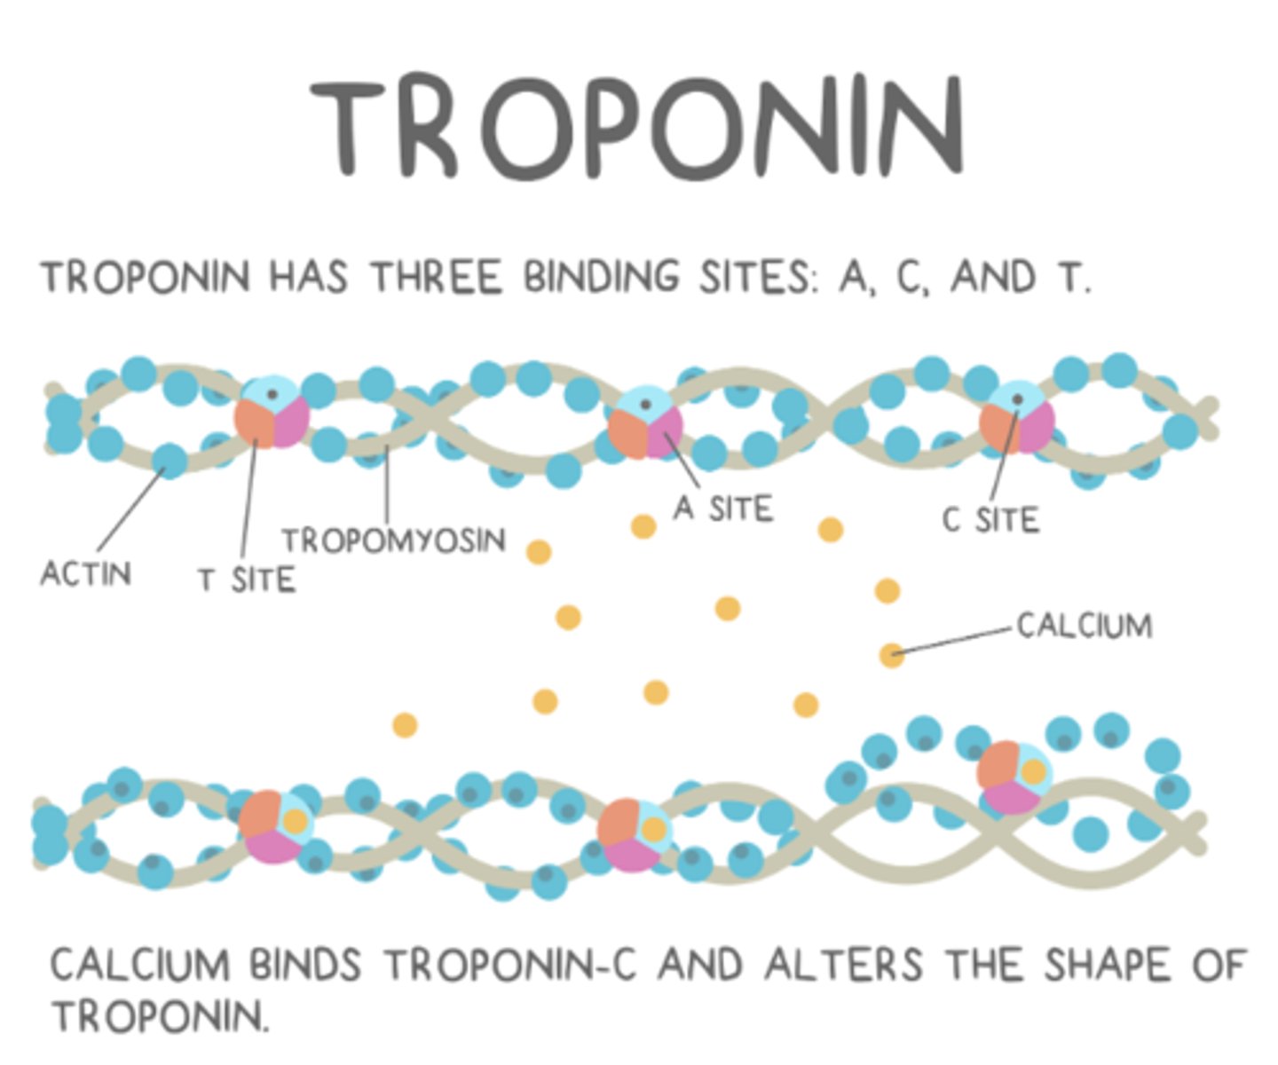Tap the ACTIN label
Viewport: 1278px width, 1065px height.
(x=86, y=573)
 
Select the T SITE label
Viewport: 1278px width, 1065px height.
(x=247, y=580)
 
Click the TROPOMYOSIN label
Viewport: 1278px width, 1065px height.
(x=394, y=540)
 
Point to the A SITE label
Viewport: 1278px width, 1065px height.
(x=723, y=509)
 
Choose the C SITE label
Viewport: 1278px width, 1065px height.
(x=990, y=520)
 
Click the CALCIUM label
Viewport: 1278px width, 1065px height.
(x=1085, y=626)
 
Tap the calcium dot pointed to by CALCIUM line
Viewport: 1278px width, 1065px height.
(x=891, y=656)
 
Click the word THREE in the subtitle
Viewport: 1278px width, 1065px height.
(x=436, y=277)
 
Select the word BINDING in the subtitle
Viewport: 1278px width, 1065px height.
(x=601, y=277)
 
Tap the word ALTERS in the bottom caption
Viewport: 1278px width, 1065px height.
(x=844, y=966)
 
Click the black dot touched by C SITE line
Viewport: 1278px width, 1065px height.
(x=1018, y=399)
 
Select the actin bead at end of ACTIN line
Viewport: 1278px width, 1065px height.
(x=170, y=461)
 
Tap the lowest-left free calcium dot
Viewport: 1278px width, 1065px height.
(x=405, y=725)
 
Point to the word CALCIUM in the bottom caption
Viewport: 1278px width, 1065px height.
(x=139, y=966)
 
